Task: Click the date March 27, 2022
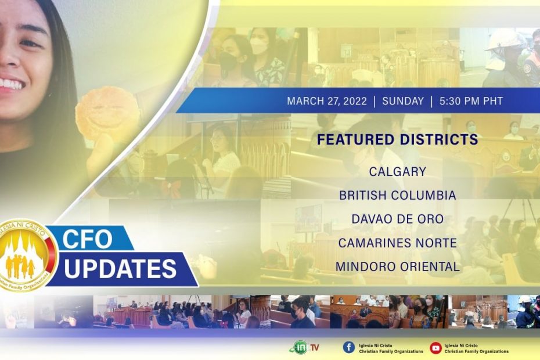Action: click(327, 101)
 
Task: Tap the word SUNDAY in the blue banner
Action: click(403, 101)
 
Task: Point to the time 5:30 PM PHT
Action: click(471, 101)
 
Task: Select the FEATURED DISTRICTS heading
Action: click(397, 139)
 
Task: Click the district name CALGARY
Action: click(398, 171)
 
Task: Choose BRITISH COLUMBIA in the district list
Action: click(398, 195)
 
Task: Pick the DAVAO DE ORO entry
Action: click(398, 219)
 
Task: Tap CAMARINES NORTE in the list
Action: click(398, 243)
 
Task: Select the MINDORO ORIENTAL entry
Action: click(398, 267)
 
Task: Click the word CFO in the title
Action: click(87, 239)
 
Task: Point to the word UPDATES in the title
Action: click(120, 268)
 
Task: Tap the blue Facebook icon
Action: click(348, 348)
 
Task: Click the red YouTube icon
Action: click(435, 348)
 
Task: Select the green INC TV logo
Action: click(304, 347)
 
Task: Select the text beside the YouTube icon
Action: click(476, 348)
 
